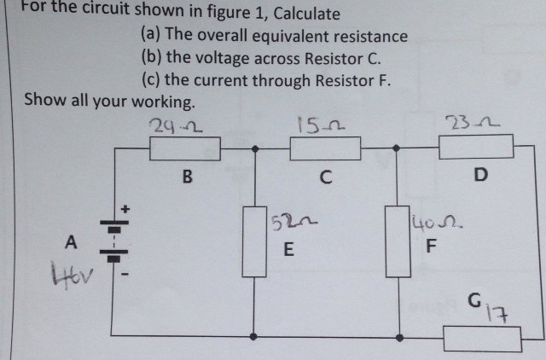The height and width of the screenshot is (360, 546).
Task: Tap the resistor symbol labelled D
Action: point(476,147)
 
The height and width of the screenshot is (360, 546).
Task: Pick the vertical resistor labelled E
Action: point(254,239)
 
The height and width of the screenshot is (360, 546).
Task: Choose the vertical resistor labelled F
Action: point(397,239)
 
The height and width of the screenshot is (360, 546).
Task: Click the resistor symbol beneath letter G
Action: point(483,339)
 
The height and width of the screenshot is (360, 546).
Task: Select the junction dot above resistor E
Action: point(254,148)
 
